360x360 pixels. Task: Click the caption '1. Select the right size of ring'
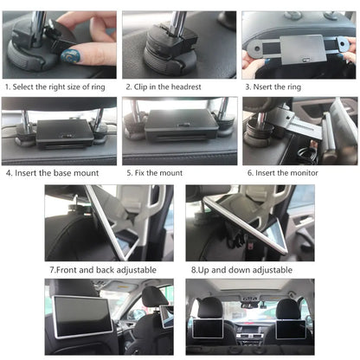pos(58,87)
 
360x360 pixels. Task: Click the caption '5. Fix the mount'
pos(160,173)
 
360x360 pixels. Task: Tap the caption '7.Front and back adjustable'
pos(103,269)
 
